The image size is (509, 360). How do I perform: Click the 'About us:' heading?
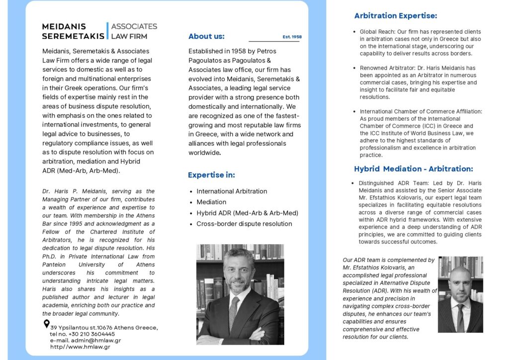[x=206, y=36]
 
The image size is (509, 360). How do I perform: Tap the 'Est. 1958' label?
[x=292, y=37]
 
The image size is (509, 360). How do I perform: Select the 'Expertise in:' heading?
[x=211, y=175]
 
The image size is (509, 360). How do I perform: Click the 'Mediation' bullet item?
[x=211, y=202]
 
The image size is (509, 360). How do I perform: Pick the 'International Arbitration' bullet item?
[x=232, y=191]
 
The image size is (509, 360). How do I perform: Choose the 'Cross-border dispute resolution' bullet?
[x=244, y=224]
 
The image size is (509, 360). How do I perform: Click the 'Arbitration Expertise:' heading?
[x=396, y=16]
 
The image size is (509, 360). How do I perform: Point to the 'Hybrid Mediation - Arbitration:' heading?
[x=414, y=169]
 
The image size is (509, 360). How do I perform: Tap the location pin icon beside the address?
[x=47, y=324]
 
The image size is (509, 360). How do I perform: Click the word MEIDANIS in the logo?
[x=64, y=26]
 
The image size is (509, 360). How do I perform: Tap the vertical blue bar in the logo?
[x=107, y=30]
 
